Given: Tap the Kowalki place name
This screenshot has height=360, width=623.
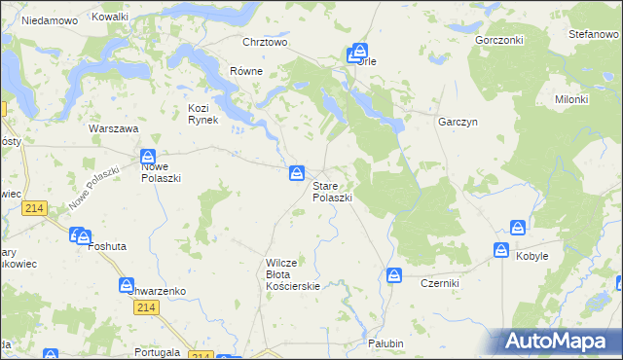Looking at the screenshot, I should click(109, 18).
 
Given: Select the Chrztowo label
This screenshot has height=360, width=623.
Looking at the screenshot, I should click(265, 42).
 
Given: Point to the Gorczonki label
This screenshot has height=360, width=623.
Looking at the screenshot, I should click(499, 41).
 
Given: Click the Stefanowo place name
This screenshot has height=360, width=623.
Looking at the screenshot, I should click(594, 34).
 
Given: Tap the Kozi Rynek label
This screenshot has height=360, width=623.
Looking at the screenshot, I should click(208, 113).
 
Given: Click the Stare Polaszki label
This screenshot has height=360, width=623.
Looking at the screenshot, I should click(332, 191).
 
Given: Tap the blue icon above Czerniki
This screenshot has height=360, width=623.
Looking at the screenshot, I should click(394, 275).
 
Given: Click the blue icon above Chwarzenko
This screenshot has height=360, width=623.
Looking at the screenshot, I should click(127, 285).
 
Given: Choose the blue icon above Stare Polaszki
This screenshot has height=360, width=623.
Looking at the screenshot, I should click(296, 173).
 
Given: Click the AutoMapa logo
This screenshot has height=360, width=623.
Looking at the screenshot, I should click(563, 341).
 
